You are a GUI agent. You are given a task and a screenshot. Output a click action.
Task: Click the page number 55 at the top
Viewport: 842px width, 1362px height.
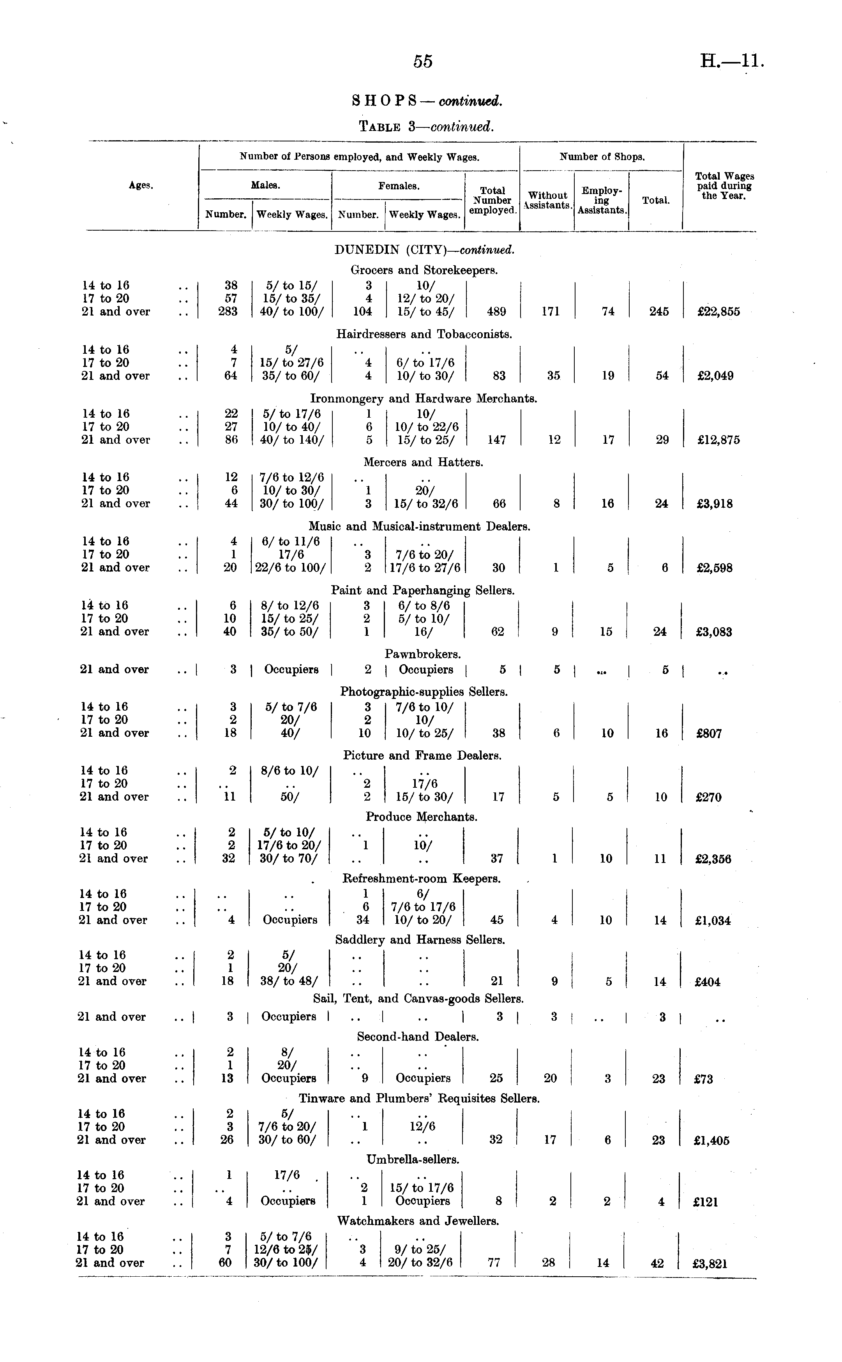[423, 61]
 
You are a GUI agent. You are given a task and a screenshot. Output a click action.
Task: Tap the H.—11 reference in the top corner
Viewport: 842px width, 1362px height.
[731, 60]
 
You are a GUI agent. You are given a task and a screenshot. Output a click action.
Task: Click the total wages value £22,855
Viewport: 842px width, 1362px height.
[718, 312]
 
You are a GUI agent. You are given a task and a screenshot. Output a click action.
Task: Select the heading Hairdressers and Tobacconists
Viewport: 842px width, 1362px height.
[424, 334]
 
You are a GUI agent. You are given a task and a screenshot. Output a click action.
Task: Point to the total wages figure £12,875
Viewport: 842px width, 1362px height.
[718, 440]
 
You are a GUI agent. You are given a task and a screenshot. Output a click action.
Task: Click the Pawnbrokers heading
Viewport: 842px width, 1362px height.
[423, 654]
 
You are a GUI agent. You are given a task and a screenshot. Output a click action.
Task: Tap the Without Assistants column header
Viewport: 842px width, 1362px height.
[547, 200]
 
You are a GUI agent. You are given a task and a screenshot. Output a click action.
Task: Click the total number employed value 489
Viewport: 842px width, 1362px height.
[496, 312]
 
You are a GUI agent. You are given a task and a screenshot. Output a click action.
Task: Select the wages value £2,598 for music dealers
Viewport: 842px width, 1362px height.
[715, 568]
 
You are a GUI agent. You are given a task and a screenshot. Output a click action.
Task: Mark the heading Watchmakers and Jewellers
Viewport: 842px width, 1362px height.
[418, 1221]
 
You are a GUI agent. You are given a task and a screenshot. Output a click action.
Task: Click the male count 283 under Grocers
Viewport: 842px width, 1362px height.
[228, 311]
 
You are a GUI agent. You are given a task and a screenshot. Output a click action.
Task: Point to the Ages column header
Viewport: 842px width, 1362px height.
[141, 185]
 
